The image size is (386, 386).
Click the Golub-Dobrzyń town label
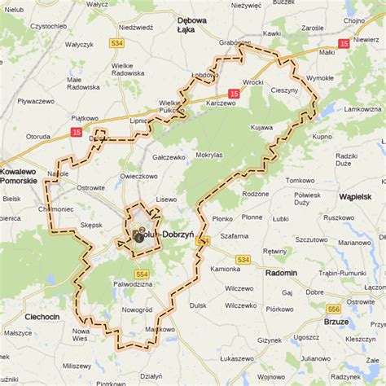(163, 235)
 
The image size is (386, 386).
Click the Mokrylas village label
(209, 153)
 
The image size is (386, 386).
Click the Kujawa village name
(261, 128)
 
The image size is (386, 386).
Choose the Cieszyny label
(284, 90)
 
